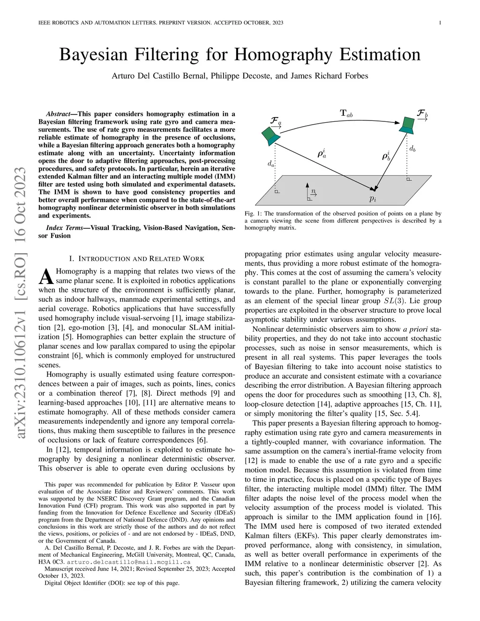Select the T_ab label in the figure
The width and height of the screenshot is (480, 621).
click(346, 113)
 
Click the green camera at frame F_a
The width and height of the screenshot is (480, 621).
click(271, 136)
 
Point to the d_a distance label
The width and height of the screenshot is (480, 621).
click(271, 164)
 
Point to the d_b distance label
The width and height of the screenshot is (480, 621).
click(412, 149)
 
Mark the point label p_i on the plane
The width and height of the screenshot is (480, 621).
click(373, 199)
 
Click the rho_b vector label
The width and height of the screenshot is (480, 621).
click(387, 155)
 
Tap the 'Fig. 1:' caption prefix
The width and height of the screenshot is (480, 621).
click(253, 213)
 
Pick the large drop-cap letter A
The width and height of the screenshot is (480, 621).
click(45, 277)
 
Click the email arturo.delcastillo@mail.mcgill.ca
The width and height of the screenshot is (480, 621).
click(128, 561)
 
